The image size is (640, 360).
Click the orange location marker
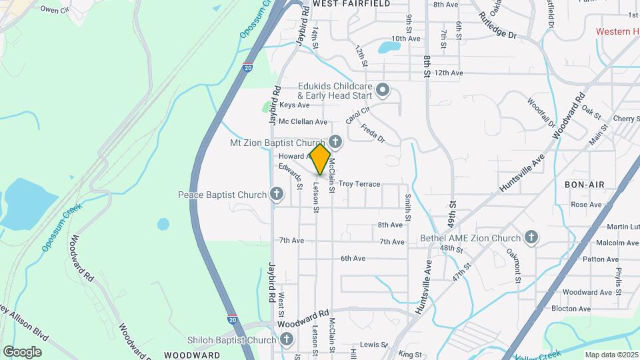click(320, 159)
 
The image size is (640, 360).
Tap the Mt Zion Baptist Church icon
click(335, 142)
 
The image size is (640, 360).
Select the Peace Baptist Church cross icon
click(277, 195)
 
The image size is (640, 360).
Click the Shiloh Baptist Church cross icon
click(287, 340)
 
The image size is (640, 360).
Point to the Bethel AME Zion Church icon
click(531, 238)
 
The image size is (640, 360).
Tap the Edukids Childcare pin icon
click(383, 89)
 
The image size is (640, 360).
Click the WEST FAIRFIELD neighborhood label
click(343, 4)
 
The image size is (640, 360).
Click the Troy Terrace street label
click(359, 184)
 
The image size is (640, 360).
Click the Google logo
click(22, 351)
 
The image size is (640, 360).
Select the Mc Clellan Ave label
click(303, 122)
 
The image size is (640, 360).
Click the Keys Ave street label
click(295, 105)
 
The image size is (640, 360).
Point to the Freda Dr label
click(373, 132)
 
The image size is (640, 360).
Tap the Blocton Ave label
click(571, 309)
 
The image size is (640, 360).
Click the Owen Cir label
click(55, 9)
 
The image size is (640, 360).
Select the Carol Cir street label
click(357, 115)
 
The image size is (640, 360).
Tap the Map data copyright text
click(611, 354)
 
